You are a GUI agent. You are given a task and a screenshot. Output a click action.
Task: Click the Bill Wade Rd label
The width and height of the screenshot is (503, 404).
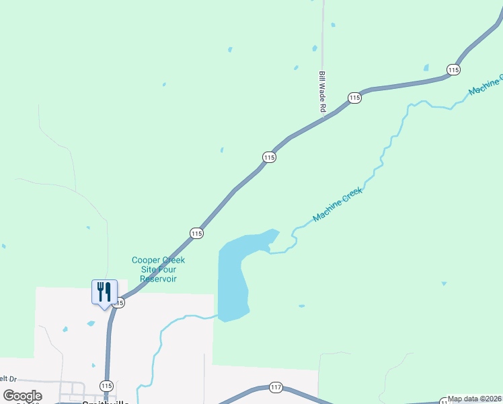coord(323,93)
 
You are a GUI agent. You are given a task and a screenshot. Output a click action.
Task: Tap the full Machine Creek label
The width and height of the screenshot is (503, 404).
coord(338,205)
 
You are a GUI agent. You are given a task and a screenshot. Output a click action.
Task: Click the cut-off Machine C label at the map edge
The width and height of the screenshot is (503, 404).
coord(486,81)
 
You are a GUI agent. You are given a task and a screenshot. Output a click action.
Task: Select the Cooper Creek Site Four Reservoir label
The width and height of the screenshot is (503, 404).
coord(158,269)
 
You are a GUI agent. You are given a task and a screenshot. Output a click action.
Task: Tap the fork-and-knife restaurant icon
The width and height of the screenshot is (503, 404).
coord(104,292)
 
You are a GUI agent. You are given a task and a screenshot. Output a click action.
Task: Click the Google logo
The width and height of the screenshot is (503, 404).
coord(22,396)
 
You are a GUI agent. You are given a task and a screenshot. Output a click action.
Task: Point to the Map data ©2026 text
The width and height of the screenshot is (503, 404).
coord(475,399)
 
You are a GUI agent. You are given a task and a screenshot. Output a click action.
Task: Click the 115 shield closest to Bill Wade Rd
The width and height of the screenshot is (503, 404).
coord(355,98)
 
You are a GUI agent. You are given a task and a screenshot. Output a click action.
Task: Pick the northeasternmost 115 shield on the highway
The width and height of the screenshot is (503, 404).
coord(453,69)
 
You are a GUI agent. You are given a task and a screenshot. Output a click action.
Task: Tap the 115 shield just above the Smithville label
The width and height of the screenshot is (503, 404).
coord(106,385)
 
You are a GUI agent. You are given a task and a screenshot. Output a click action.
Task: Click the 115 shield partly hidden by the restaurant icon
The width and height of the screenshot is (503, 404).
coord(120,303)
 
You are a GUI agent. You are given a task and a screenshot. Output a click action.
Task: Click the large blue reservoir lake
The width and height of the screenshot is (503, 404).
coord(233,276)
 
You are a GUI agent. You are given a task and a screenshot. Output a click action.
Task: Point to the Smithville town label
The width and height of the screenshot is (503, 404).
coord(105,401)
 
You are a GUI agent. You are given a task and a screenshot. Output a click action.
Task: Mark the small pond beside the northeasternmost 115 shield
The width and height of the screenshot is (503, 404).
coord(426,67)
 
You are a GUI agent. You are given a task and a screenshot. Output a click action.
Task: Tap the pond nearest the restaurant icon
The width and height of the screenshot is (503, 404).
coord(91,323)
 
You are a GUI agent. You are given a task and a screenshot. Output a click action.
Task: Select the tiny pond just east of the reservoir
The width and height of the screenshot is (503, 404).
coord(301,306)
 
